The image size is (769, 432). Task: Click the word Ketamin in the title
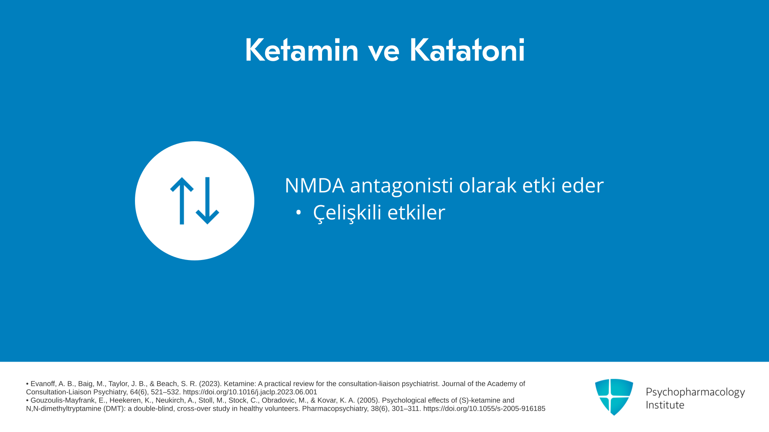302,50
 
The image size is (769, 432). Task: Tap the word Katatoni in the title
467,50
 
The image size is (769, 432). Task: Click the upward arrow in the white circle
182,201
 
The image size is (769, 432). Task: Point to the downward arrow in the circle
207,201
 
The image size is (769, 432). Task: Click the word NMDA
314,185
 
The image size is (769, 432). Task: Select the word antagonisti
401,186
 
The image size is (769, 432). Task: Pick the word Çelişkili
347,212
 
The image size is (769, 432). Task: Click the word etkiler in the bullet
416,212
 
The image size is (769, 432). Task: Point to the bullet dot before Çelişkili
298,212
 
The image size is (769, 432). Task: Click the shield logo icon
614,397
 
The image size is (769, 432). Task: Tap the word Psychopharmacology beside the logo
695,392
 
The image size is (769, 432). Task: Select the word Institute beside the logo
665,405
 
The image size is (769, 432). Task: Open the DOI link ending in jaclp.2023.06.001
250,392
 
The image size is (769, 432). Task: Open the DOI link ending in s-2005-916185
484,409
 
